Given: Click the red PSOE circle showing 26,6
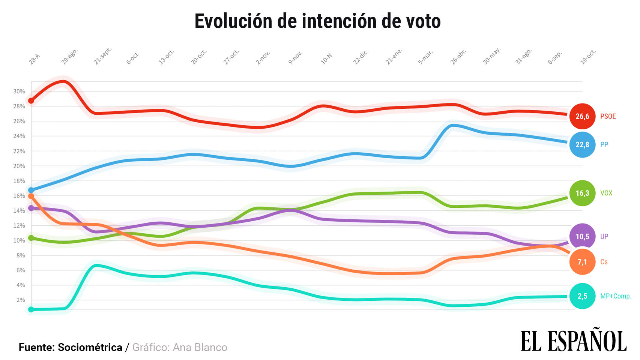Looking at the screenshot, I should point(582,116).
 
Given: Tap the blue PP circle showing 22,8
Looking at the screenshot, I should point(582,145).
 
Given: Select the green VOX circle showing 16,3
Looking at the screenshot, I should point(582,193).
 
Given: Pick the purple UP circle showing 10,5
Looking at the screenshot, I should point(582,236).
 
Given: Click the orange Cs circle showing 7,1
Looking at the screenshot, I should point(582,262).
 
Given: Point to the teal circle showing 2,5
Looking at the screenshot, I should point(582,296).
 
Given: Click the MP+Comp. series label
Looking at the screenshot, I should point(616,296).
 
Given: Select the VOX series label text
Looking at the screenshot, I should point(606,193).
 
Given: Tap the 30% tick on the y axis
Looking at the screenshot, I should point(19,91).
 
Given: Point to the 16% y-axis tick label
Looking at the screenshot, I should point(19,196).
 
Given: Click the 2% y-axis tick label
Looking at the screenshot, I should point(21,300).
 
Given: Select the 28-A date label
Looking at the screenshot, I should point(34,59).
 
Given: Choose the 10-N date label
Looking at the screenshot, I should point(326,58).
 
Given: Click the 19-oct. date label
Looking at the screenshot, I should point(588,57).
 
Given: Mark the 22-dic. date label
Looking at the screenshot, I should point(361,57).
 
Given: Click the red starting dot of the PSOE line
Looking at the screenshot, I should point(31,101).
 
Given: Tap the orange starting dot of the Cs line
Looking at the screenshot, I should point(31,196).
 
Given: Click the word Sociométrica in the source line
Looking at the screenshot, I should point(90,348).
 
